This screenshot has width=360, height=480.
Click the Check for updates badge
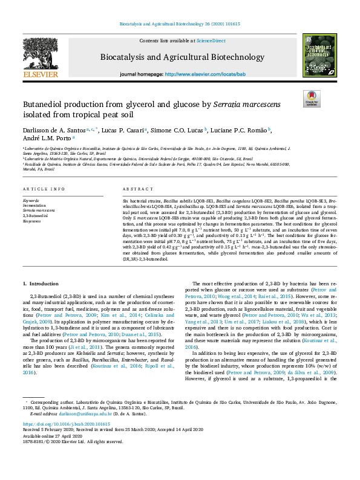click(312, 99)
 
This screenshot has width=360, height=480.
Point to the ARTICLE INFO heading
click(44, 190)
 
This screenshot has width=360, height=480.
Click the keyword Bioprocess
click(33, 222)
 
